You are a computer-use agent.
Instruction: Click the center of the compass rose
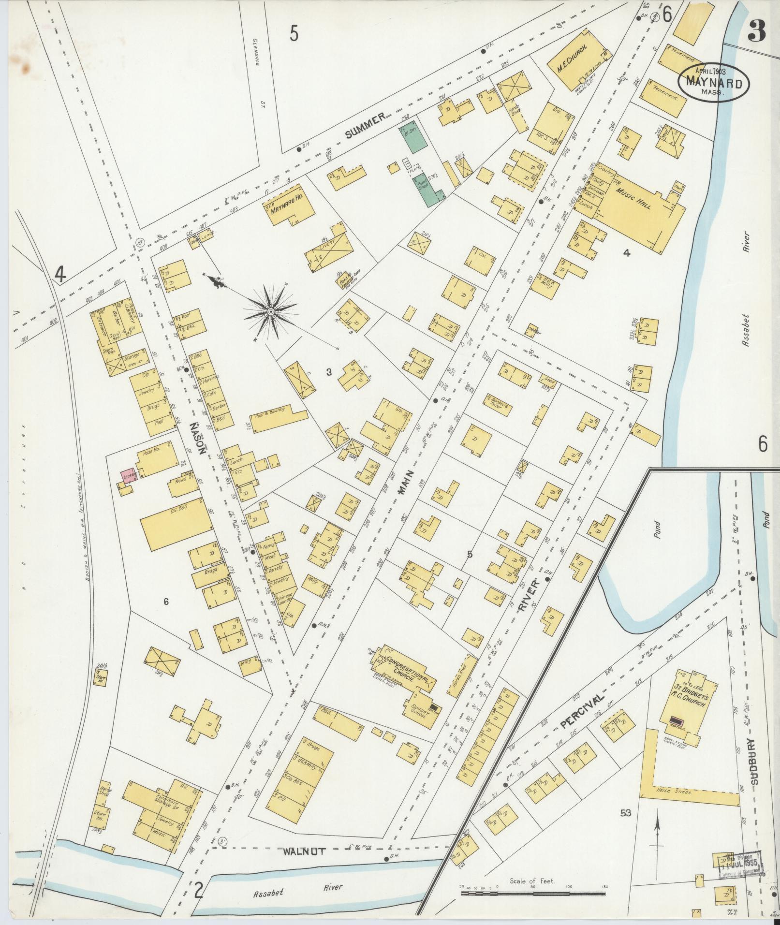click(x=271, y=312)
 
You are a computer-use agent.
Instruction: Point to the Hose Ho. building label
click(x=152, y=453)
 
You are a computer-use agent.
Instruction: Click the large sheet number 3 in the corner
click(x=755, y=32)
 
